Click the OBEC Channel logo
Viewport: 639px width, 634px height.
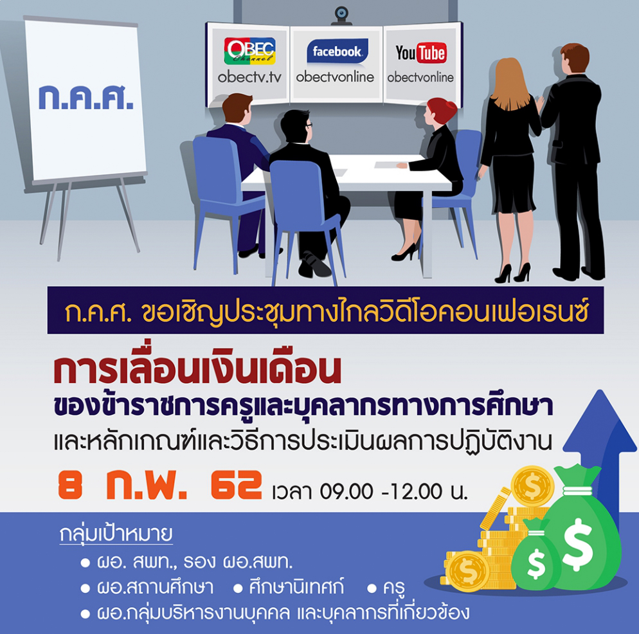[249, 51]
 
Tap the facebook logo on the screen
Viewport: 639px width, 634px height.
[337, 51]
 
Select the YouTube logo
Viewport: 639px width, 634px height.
[421, 53]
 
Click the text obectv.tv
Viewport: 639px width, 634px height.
[249, 77]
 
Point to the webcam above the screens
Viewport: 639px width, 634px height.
[341, 15]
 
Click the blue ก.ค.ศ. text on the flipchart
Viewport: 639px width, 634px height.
[86, 98]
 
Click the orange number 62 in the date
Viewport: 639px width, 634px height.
[237, 485]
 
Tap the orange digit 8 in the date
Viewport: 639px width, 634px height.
[70, 485]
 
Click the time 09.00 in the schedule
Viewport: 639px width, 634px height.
[346, 491]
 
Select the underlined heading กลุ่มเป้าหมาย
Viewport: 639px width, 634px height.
[116, 534]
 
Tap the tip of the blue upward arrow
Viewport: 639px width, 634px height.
[600, 390]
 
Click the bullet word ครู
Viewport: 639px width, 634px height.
[393, 588]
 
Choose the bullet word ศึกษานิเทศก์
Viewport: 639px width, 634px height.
[296, 586]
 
